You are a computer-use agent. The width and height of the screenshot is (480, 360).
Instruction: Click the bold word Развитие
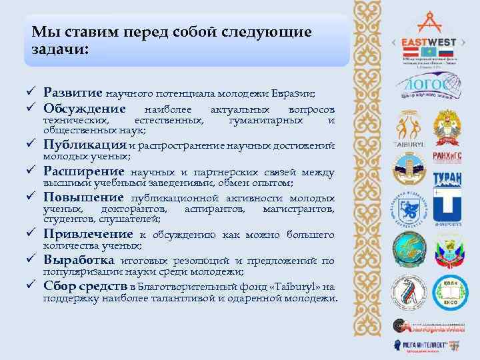click(73, 93)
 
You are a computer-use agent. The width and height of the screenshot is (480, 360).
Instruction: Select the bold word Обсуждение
click(85, 109)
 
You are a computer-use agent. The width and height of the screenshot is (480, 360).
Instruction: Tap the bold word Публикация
click(85, 145)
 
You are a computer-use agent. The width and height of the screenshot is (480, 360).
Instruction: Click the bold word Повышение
click(83, 197)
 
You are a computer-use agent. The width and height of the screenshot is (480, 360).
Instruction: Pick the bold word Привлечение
click(88, 234)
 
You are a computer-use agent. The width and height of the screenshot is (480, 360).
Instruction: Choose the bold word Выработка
click(79, 260)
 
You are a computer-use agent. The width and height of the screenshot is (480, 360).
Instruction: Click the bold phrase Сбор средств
click(85, 287)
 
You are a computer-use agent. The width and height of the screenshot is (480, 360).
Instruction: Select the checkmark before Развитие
click(31, 93)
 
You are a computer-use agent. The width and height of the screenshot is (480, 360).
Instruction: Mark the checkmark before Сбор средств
click(31, 287)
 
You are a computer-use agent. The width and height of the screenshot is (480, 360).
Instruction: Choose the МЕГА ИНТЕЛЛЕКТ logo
click(427, 345)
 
